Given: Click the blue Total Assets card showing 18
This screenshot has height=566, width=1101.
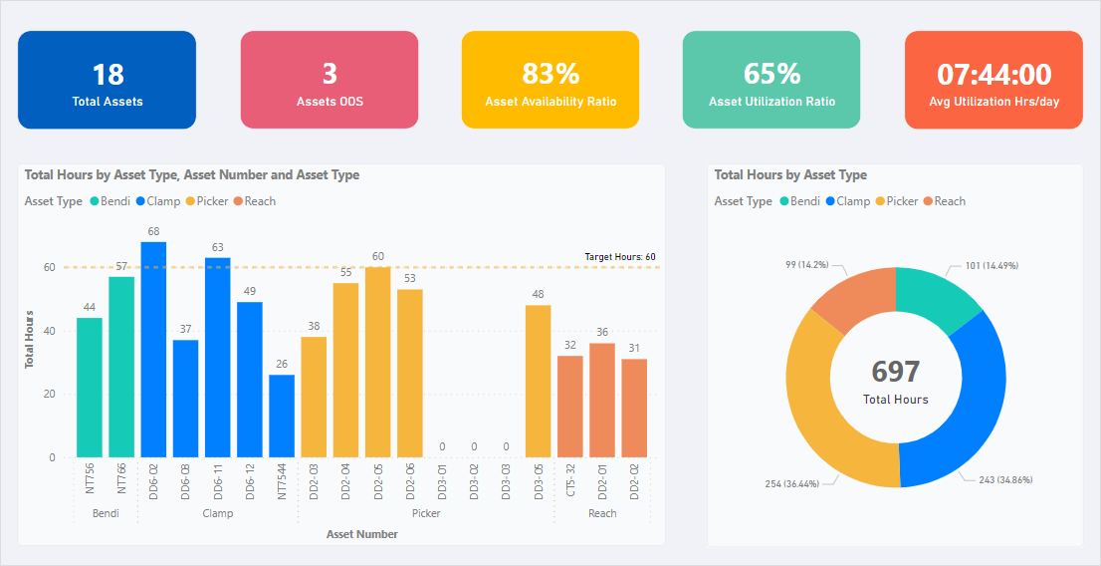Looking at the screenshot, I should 107,80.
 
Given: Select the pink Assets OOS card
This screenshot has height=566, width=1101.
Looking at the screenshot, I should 329,80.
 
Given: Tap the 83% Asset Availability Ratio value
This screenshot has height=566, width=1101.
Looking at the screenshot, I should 550,75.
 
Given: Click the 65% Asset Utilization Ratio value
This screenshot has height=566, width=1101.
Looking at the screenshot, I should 771,75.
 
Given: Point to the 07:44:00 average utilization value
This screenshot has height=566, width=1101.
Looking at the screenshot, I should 993,75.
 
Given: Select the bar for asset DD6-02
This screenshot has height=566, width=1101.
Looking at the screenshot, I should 153,349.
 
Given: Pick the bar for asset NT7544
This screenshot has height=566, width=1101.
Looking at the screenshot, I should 282,416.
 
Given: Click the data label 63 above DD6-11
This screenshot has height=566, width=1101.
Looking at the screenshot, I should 217,247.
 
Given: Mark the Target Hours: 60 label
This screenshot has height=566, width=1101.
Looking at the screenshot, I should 619,257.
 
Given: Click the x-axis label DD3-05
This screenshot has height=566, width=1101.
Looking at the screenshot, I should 539,482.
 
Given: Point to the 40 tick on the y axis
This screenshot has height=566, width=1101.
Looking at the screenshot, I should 49,331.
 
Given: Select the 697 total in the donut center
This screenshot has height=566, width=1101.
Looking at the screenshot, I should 895,372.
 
